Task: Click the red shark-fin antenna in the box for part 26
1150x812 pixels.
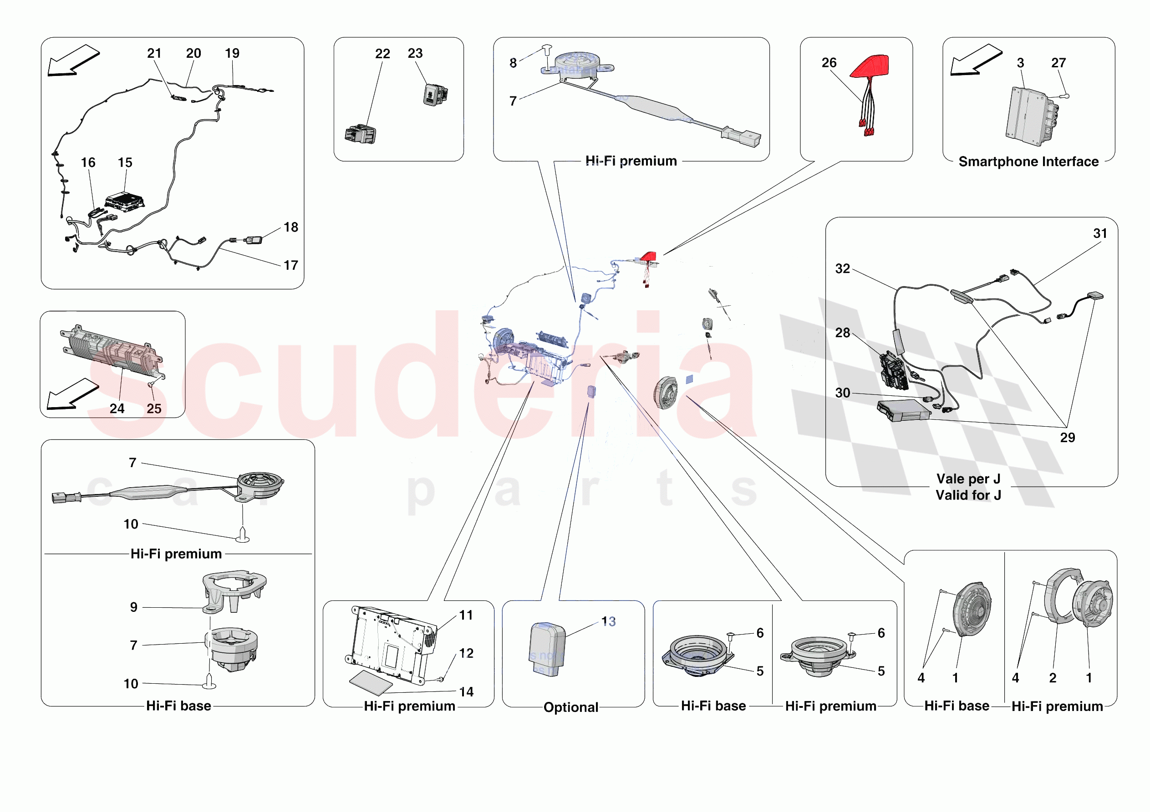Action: (x=871, y=66)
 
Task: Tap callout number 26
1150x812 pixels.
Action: (x=829, y=63)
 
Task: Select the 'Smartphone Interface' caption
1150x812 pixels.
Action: (x=1028, y=161)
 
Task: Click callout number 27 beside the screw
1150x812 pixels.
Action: (x=1058, y=63)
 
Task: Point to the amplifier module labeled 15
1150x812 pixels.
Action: (x=125, y=201)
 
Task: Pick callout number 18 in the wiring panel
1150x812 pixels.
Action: (x=290, y=227)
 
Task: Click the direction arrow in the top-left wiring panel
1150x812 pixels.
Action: (x=73, y=60)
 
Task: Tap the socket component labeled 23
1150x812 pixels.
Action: (x=435, y=95)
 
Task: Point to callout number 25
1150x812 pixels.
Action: (x=154, y=409)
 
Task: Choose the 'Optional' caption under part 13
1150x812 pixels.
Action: (x=570, y=707)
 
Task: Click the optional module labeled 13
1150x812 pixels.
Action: (x=547, y=649)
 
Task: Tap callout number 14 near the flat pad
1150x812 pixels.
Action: (x=466, y=692)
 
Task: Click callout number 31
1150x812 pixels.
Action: (x=1100, y=233)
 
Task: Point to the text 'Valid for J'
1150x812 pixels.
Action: (x=968, y=495)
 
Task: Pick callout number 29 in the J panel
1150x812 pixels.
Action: (x=1067, y=438)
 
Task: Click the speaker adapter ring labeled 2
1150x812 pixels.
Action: (x=1058, y=596)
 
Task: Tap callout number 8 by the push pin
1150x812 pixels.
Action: (x=513, y=63)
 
